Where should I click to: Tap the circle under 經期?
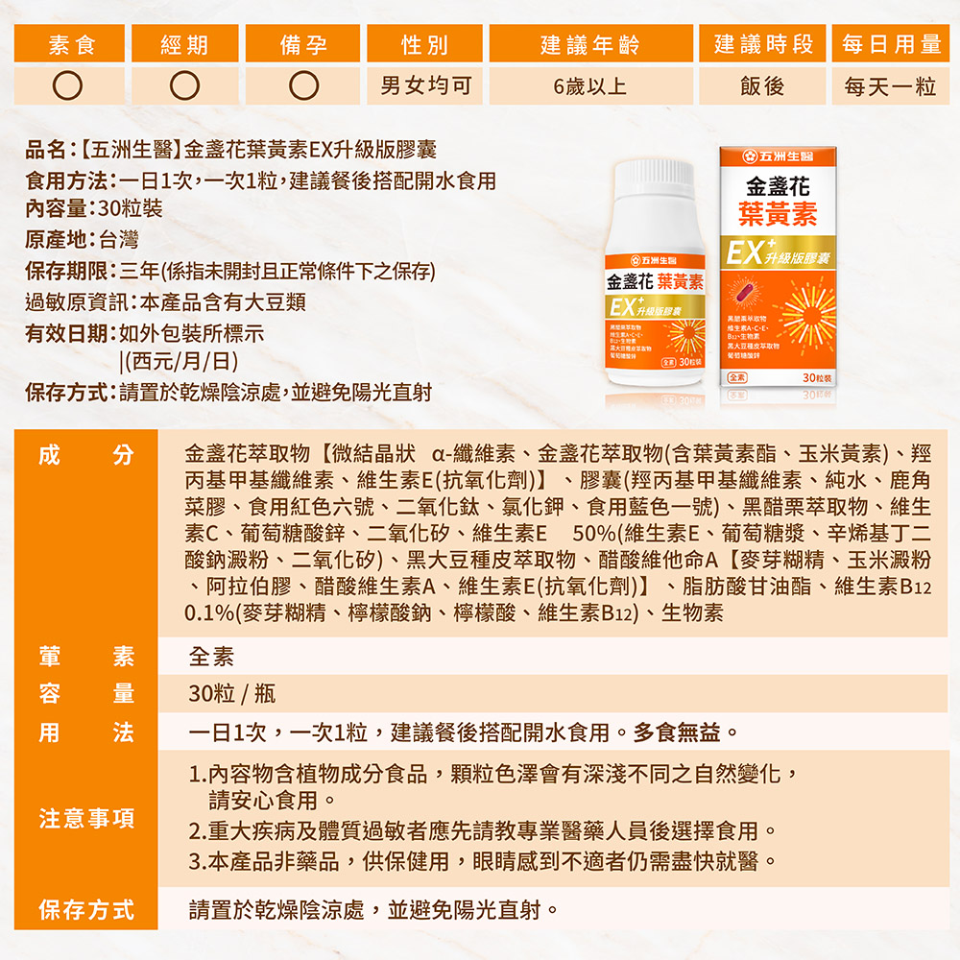pyautogui.click(x=185, y=86)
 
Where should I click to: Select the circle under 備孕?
pyautogui.click(x=304, y=86)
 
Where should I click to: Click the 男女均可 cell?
pyautogui.click(x=425, y=86)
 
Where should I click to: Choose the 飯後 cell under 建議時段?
pyautogui.click(x=762, y=86)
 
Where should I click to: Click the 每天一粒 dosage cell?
pyautogui.click(x=890, y=86)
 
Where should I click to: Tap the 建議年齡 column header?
pyautogui.click(x=589, y=44)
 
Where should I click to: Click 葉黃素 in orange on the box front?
pyautogui.click(x=778, y=214)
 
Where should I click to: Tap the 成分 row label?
pyautogui.click(x=86, y=455)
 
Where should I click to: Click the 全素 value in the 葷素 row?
pyautogui.click(x=211, y=657)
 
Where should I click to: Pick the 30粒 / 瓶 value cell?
pyautogui.click(x=232, y=694)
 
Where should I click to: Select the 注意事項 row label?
pyautogui.click(x=86, y=819)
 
